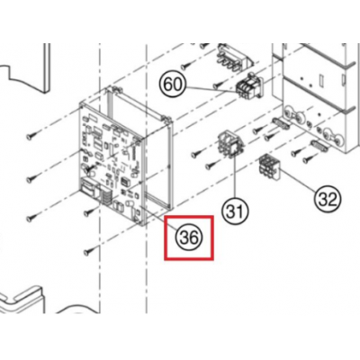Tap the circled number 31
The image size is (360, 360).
235,211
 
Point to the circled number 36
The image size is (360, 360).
189,238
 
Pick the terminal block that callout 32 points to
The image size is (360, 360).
269,166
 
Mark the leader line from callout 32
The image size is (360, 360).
298,181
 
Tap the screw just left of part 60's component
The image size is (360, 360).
218,85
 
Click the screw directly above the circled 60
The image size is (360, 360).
187,64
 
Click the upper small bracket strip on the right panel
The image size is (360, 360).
281,123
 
